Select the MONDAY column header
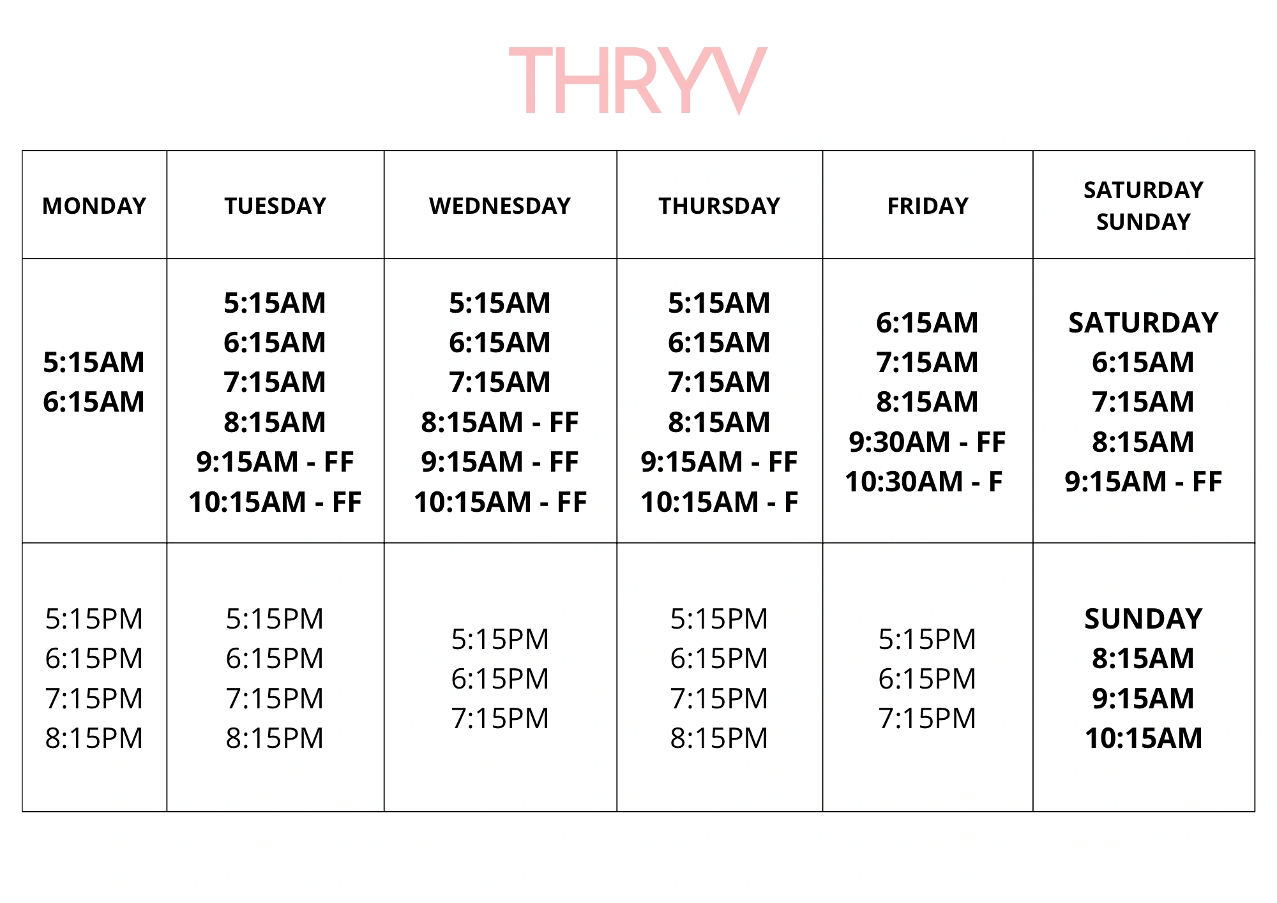(94, 206)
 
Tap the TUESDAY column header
(275, 206)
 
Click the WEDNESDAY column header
(500, 206)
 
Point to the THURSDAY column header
(720, 206)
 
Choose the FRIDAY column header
(928, 206)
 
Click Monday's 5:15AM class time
(94, 362)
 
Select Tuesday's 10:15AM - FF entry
(275, 502)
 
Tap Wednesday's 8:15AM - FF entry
(500, 422)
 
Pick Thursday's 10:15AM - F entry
(720, 502)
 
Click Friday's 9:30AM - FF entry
(927, 442)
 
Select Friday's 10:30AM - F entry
(924, 482)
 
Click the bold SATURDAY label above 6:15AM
(1144, 323)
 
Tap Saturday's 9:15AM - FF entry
(1144, 482)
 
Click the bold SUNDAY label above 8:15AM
(1144, 619)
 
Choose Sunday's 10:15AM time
(1144, 738)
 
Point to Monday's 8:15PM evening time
(94, 738)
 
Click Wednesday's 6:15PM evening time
(500, 679)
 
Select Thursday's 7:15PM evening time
(719, 699)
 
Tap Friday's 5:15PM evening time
(927, 639)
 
